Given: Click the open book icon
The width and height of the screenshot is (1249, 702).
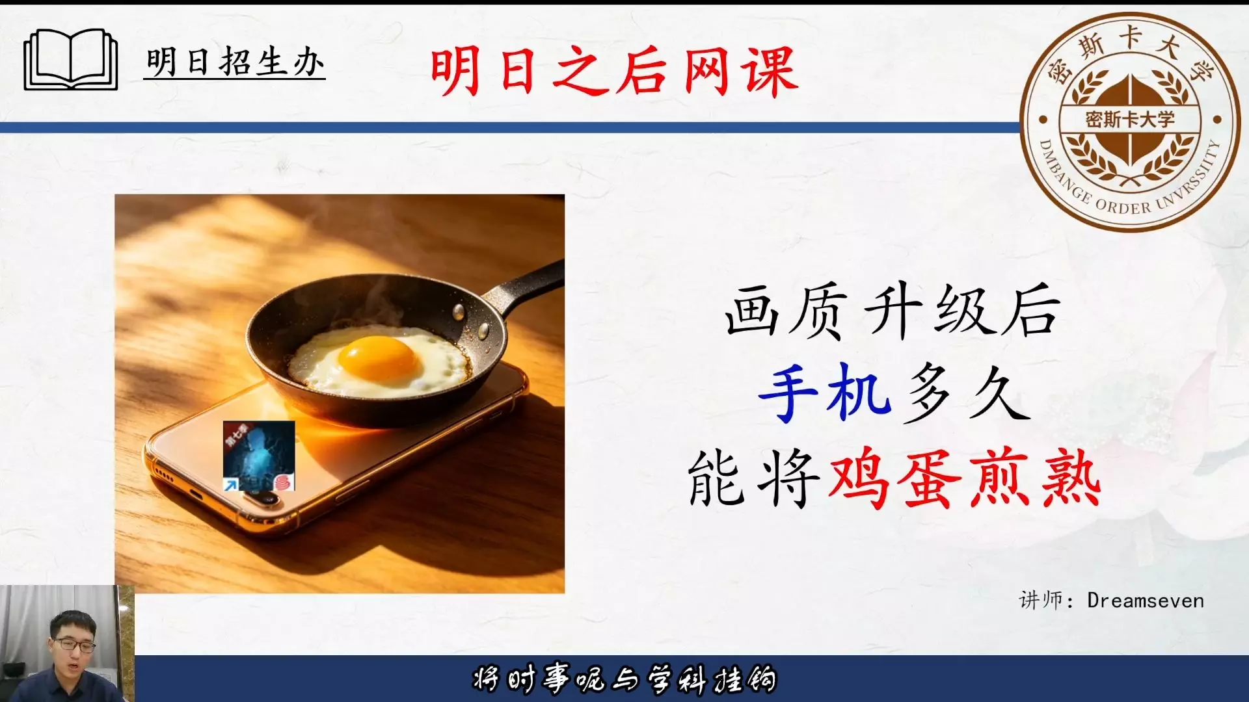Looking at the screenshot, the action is point(71,60).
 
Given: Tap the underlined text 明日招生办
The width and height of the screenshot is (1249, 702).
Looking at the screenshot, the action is point(235,63).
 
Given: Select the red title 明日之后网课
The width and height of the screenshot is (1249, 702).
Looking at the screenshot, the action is point(613,71).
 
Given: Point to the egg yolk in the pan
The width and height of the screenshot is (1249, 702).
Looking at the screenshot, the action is point(377,358).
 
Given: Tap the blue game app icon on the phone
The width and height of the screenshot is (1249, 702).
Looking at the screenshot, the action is point(259,456).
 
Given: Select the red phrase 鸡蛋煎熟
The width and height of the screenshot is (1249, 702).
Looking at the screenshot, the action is point(964,481).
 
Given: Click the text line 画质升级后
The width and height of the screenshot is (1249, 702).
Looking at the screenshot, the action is point(893,311).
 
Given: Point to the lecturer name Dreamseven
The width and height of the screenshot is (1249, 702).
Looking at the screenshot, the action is point(1146,601).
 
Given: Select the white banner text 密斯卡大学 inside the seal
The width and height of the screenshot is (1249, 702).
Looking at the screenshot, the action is point(1130,120).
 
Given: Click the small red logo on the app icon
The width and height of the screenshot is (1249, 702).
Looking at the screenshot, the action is point(282,482).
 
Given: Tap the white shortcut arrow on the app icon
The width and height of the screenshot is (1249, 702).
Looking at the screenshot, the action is point(230,484).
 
